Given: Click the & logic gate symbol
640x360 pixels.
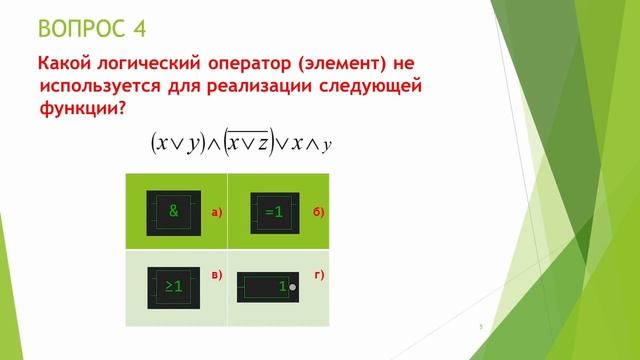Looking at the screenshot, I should click(174, 212).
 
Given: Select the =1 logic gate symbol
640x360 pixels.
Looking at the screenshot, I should click(274, 212).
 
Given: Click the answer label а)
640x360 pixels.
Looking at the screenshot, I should click(216, 212).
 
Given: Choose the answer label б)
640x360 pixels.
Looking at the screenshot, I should click(318, 212).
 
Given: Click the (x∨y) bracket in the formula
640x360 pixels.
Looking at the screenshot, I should click(178, 143).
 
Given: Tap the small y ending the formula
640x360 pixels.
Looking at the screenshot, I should click(327, 145).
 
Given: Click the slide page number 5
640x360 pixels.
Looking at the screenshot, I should click(481, 327).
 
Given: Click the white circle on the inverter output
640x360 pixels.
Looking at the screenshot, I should click(293, 288).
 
